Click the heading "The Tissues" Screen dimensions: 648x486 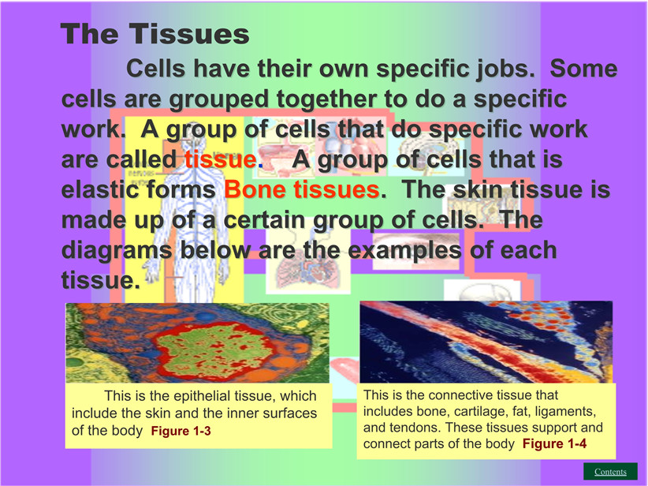click(x=155, y=33)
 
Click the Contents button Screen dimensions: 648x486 click(x=610, y=472)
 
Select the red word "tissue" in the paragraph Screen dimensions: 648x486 click(x=220, y=159)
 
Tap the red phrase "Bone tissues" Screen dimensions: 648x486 click(x=302, y=189)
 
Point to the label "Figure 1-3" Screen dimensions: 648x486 click(x=181, y=431)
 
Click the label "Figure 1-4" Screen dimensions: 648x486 click(x=554, y=444)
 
